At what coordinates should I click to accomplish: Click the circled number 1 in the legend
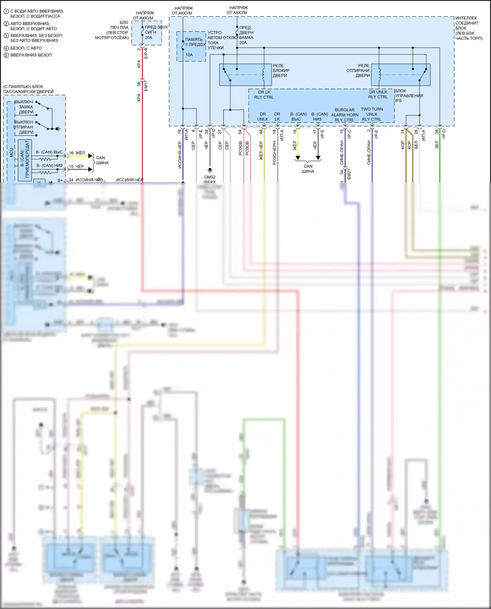pos(6,11)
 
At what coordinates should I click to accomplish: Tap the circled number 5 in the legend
pos(6,55)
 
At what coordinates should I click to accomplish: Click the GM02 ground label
pos(210,177)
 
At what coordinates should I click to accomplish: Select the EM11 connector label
pos(146,86)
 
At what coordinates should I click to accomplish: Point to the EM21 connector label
pos(349,174)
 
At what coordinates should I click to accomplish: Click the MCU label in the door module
pos(11,152)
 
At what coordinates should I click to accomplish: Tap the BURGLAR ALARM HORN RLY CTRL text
pos(345,115)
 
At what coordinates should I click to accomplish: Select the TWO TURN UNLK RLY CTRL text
pos(372,114)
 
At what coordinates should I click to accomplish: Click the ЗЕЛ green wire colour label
pos(437,145)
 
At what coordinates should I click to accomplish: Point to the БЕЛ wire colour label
pos(416,145)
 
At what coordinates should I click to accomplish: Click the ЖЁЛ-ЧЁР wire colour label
pos(261,151)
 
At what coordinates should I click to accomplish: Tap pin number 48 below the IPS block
pos(261,132)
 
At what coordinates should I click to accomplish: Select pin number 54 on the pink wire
pos(240,132)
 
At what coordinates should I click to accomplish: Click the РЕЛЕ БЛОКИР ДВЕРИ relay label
pos(281,70)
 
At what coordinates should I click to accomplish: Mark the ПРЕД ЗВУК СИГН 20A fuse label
pos(151,32)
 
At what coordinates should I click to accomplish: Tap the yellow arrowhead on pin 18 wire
pos(298,158)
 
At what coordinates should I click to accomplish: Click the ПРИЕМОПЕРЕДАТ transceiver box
pos(25,159)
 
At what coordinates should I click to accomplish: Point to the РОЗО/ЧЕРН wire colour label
pos(275,153)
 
